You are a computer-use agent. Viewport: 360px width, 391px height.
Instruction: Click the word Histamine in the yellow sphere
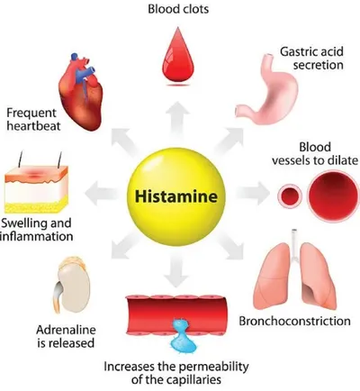click(176, 196)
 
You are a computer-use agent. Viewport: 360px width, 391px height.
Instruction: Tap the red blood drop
click(178, 56)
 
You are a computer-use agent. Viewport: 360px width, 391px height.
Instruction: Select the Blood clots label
click(178, 9)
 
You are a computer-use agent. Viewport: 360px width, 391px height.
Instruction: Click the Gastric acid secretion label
click(312, 59)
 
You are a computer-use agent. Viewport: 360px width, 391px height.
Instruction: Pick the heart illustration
click(81, 92)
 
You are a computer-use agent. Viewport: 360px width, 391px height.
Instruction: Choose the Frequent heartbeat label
click(33, 119)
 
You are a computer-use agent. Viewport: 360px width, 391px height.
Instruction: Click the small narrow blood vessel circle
click(290, 195)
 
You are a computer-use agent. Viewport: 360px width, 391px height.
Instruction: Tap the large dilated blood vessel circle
click(334, 195)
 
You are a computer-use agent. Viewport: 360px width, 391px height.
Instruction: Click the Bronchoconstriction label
click(294, 321)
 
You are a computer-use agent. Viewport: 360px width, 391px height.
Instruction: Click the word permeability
click(214, 367)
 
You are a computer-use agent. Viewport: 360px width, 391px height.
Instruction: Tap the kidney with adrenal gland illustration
click(72, 286)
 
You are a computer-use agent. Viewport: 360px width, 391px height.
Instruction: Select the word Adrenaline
click(66, 330)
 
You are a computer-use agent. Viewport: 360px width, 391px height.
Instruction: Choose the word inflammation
click(37, 236)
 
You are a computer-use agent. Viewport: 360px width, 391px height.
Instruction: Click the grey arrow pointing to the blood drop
click(177, 120)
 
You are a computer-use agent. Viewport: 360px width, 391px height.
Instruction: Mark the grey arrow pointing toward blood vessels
click(253, 194)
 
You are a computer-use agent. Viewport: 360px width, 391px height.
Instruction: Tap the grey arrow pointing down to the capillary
click(176, 268)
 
